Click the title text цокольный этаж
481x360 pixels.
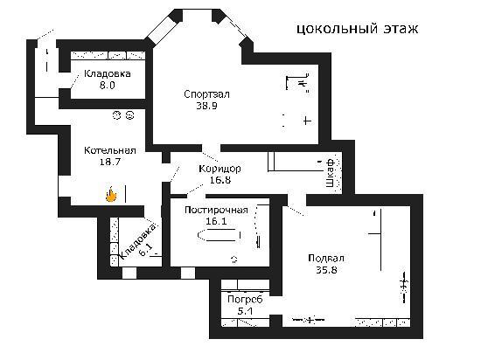point(358,29)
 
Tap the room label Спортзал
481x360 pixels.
point(206,94)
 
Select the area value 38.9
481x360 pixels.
point(206,106)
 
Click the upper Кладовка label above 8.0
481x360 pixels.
point(108,74)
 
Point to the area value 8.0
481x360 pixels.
point(107,85)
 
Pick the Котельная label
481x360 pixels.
point(110,150)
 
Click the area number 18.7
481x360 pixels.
point(110,162)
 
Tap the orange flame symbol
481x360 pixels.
point(111,195)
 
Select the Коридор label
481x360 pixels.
point(220,169)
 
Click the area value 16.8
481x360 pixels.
point(220,180)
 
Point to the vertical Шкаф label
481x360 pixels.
point(330,173)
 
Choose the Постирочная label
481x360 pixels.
point(216,211)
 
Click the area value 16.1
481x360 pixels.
point(216,221)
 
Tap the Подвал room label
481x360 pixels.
point(326,259)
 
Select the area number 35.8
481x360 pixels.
point(326,270)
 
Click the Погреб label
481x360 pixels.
point(245,300)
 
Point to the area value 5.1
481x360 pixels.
point(246,311)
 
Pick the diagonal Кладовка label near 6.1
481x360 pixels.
point(137,242)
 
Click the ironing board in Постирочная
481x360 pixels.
point(220,235)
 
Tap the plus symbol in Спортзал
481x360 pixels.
point(307,121)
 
